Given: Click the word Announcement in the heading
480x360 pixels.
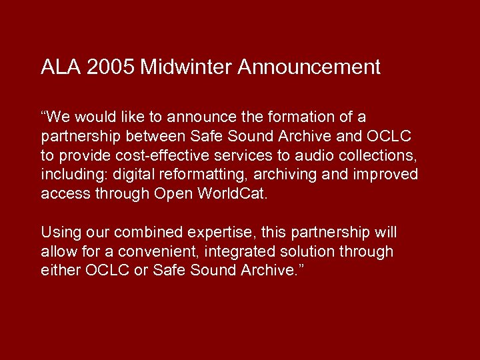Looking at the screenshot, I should [309, 67].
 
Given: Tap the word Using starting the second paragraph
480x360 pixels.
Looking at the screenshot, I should [60, 233].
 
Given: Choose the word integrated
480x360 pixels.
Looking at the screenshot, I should [239, 252].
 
